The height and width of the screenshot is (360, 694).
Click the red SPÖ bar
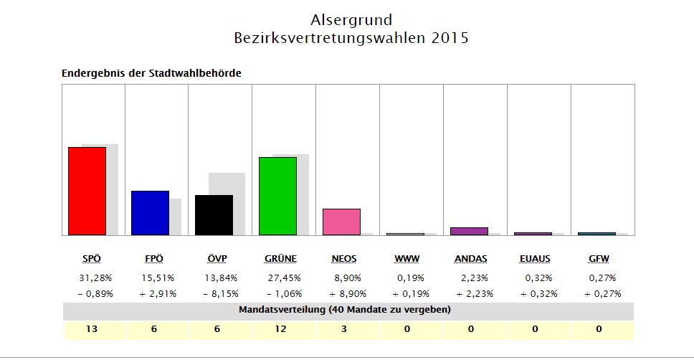point(87,191)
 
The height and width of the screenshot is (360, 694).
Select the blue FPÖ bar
point(150,212)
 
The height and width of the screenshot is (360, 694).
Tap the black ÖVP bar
point(214,214)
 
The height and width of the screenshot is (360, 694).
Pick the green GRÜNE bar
point(277,196)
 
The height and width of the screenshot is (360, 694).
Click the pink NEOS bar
point(341,222)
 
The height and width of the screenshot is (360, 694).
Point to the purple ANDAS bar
point(469,231)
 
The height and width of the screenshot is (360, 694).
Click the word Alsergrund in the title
point(351,19)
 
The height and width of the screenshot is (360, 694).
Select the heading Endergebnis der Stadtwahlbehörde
point(151,73)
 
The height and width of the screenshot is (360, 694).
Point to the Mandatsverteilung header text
point(344,310)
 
